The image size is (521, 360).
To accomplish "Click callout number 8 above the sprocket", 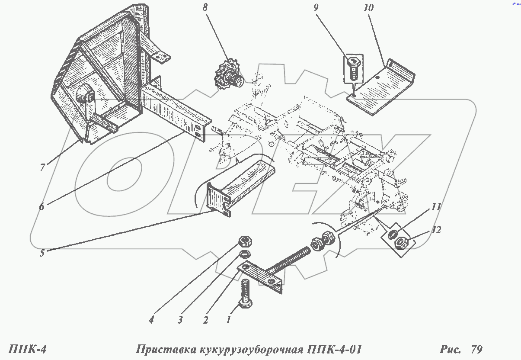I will click(x=205, y=8).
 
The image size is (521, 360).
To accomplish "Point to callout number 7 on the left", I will click(x=42, y=167).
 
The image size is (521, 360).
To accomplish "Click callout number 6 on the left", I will click(x=42, y=206).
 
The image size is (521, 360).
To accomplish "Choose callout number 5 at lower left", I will click(x=42, y=253).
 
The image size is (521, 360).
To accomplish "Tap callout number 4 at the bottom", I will click(x=151, y=321).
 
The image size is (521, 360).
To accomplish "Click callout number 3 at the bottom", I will click(x=180, y=321).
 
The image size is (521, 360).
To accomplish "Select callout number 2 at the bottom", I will click(x=205, y=321).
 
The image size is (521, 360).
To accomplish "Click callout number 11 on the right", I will click(x=435, y=207).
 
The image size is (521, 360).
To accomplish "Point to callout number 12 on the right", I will click(x=436, y=230).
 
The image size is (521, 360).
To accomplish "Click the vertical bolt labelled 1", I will click(x=245, y=294).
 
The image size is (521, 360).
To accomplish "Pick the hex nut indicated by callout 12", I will click(x=401, y=243).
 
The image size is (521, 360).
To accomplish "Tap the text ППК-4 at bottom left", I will click(x=27, y=349).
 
